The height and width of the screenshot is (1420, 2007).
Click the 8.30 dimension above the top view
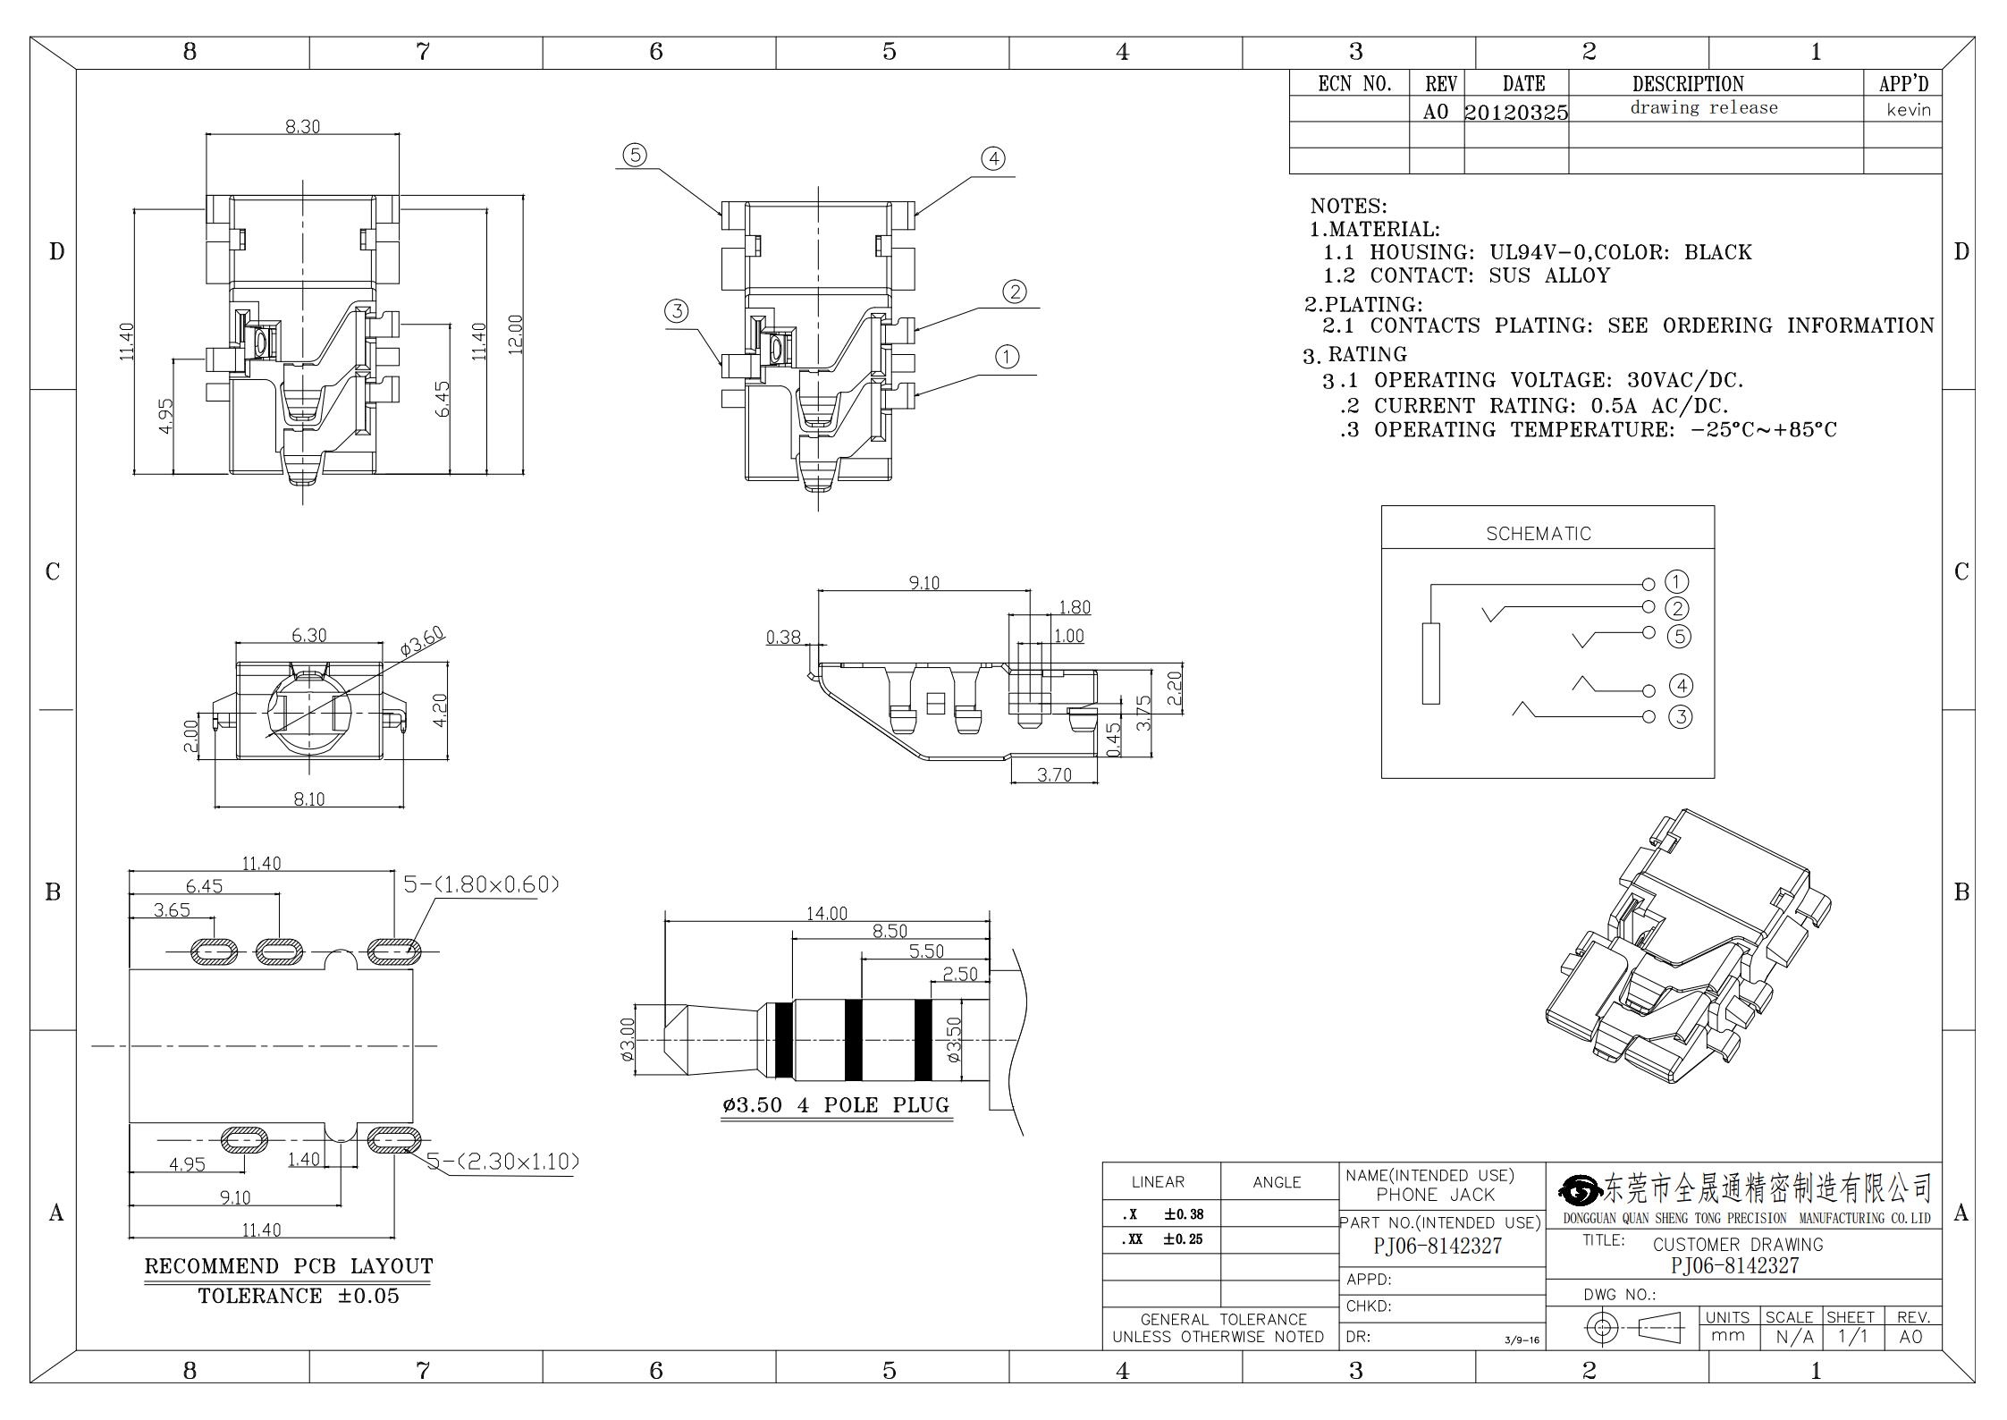click(302, 127)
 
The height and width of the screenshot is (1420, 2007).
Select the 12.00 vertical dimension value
click(516, 334)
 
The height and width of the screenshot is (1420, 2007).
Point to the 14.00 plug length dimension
click(827, 913)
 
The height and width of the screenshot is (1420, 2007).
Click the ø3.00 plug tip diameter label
click(627, 1039)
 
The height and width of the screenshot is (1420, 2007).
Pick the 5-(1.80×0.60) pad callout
click(482, 884)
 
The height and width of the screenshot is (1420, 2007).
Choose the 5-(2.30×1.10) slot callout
click(502, 1162)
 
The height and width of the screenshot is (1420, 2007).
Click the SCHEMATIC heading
click(1539, 534)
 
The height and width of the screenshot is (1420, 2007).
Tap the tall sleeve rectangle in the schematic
click(1431, 664)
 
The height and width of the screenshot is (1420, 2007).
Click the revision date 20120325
click(1516, 113)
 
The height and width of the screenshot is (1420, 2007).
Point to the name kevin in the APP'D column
click(1909, 110)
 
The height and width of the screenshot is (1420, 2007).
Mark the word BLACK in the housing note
click(1717, 252)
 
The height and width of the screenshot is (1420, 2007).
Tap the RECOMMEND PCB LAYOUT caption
click(289, 1266)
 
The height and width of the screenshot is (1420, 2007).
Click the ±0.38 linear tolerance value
click(1184, 1214)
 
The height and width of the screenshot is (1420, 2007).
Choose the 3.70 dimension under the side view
click(1054, 774)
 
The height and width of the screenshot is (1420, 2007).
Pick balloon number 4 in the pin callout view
click(993, 158)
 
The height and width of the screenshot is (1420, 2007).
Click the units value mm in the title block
click(1727, 1335)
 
